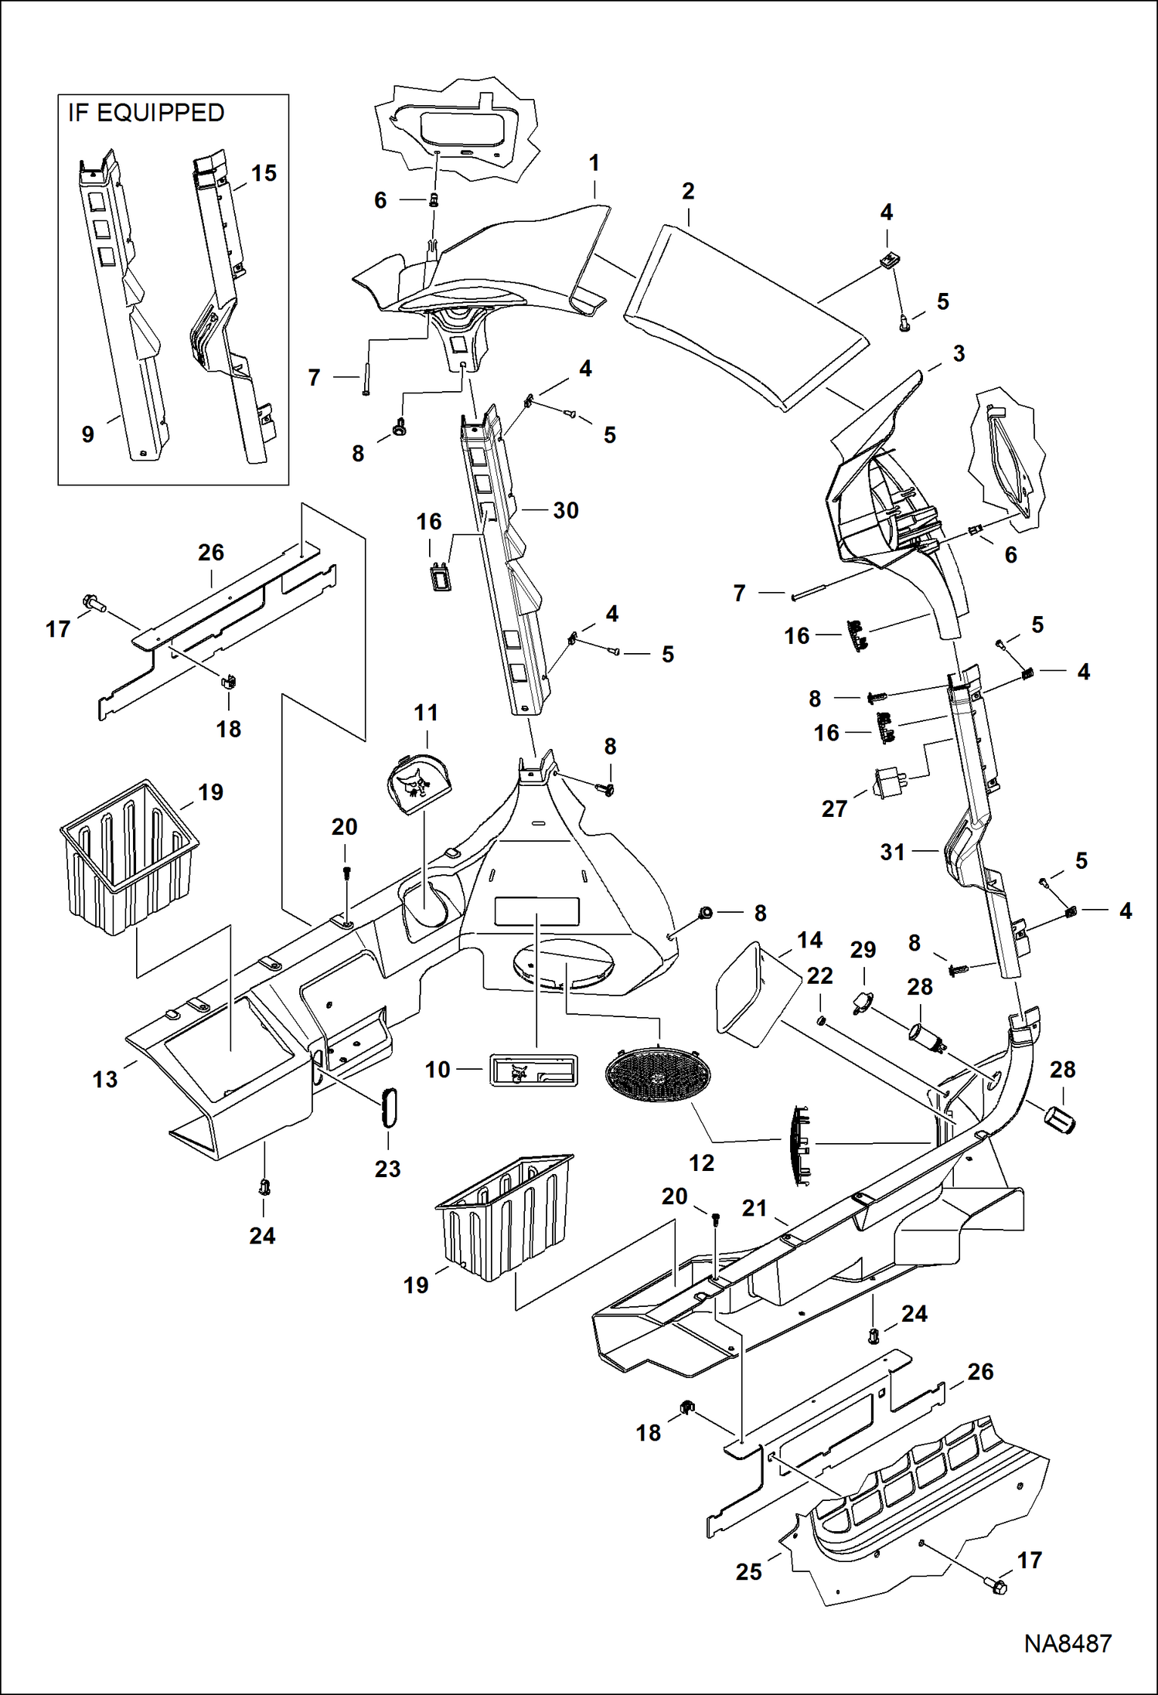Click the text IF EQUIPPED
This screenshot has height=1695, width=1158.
click(x=146, y=113)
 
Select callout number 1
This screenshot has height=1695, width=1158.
click(x=594, y=163)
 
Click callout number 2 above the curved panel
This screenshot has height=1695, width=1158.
click(x=688, y=191)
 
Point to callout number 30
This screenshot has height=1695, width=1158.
click(x=566, y=510)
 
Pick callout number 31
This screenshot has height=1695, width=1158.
click(x=893, y=852)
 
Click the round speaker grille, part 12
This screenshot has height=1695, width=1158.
click(x=659, y=1074)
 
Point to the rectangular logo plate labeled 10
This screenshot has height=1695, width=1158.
click(x=533, y=1070)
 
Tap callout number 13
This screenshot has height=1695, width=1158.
click(x=105, y=1079)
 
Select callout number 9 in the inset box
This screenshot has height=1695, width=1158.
click(x=88, y=434)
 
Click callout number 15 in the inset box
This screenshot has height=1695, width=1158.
click(x=264, y=173)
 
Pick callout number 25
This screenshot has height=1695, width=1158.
click(x=748, y=1572)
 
